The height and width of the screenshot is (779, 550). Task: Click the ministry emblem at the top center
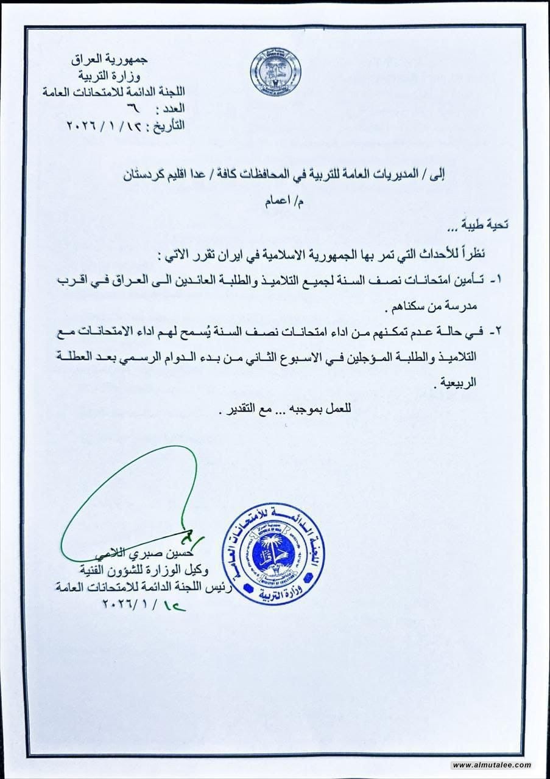point(275,71)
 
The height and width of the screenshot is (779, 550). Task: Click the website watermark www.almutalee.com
point(492,765)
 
